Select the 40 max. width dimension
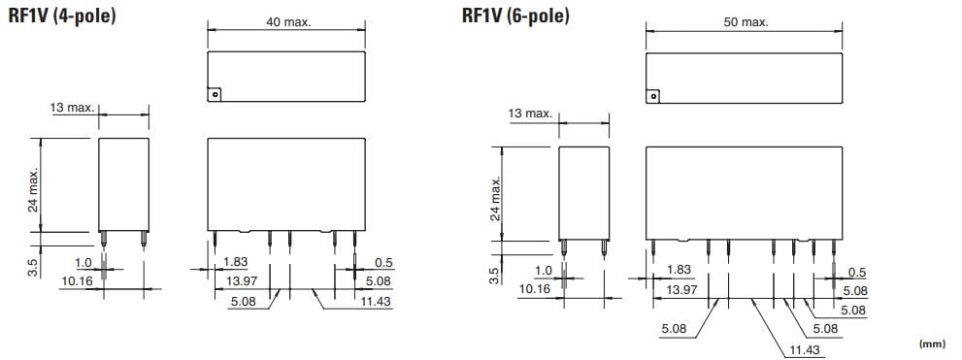click(x=288, y=22)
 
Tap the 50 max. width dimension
click(x=744, y=22)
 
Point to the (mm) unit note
click(x=932, y=344)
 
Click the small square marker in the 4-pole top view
click(x=216, y=94)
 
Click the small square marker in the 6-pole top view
click(x=654, y=96)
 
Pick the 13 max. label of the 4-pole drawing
click(x=73, y=107)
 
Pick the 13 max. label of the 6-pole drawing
click(x=530, y=115)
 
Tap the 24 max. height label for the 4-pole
click(x=34, y=190)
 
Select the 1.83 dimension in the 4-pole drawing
click(x=236, y=262)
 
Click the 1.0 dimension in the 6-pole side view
click(x=543, y=271)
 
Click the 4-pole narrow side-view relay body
click(x=124, y=184)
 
